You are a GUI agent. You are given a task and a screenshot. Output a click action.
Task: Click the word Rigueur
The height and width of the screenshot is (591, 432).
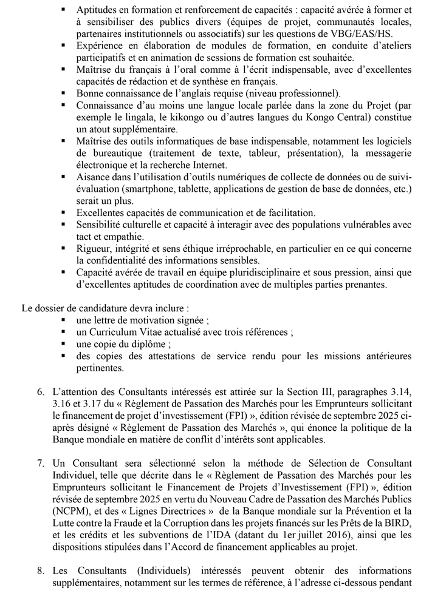(93, 248)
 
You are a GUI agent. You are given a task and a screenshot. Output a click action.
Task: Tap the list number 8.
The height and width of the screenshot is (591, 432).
(40, 571)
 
